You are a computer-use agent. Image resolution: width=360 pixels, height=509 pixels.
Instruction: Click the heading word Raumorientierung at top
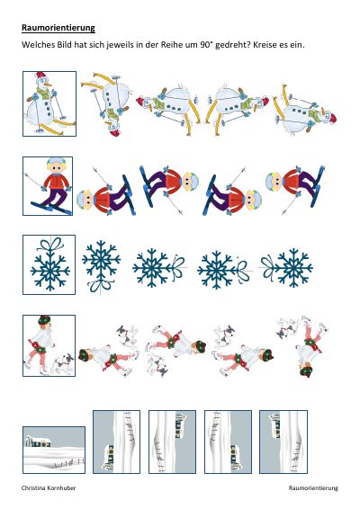pyautogui.click(x=58, y=28)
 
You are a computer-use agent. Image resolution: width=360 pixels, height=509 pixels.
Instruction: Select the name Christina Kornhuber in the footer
pyautogui.click(x=49, y=488)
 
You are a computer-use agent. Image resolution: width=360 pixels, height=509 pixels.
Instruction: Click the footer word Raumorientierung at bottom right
pyautogui.click(x=313, y=488)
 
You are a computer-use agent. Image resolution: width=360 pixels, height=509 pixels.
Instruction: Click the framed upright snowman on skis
pyautogui.click(x=49, y=103)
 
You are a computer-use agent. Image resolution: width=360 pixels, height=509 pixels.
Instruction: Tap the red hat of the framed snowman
pyautogui.click(x=40, y=76)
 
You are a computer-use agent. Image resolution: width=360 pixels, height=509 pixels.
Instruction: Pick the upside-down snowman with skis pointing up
pyautogui.click(x=107, y=104)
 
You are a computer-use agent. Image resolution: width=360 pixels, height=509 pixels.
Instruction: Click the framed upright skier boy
pyautogui.click(x=48, y=186)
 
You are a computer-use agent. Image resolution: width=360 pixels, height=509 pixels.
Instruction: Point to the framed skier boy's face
pyautogui.click(x=56, y=167)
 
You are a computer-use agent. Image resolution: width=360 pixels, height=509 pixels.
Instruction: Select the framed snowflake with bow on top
pyautogui.click(x=49, y=265)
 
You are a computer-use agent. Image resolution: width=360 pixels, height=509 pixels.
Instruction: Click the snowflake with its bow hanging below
pyautogui.click(x=101, y=266)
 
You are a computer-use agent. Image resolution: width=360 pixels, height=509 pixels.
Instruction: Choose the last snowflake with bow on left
pyautogui.click(x=286, y=267)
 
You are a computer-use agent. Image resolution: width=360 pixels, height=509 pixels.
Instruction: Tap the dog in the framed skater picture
pyautogui.click(x=62, y=363)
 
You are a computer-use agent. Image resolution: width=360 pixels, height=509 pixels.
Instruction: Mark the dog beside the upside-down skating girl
pyautogui.click(x=287, y=327)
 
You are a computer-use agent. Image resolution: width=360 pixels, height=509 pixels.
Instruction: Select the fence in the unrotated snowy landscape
pyautogui.click(x=69, y=462)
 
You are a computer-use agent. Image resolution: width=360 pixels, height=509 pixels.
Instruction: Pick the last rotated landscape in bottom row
pyautogui.click(x=283, y=442)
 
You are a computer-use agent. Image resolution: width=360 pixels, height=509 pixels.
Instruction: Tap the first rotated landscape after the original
pyautogui.click(x=117, y=442)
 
